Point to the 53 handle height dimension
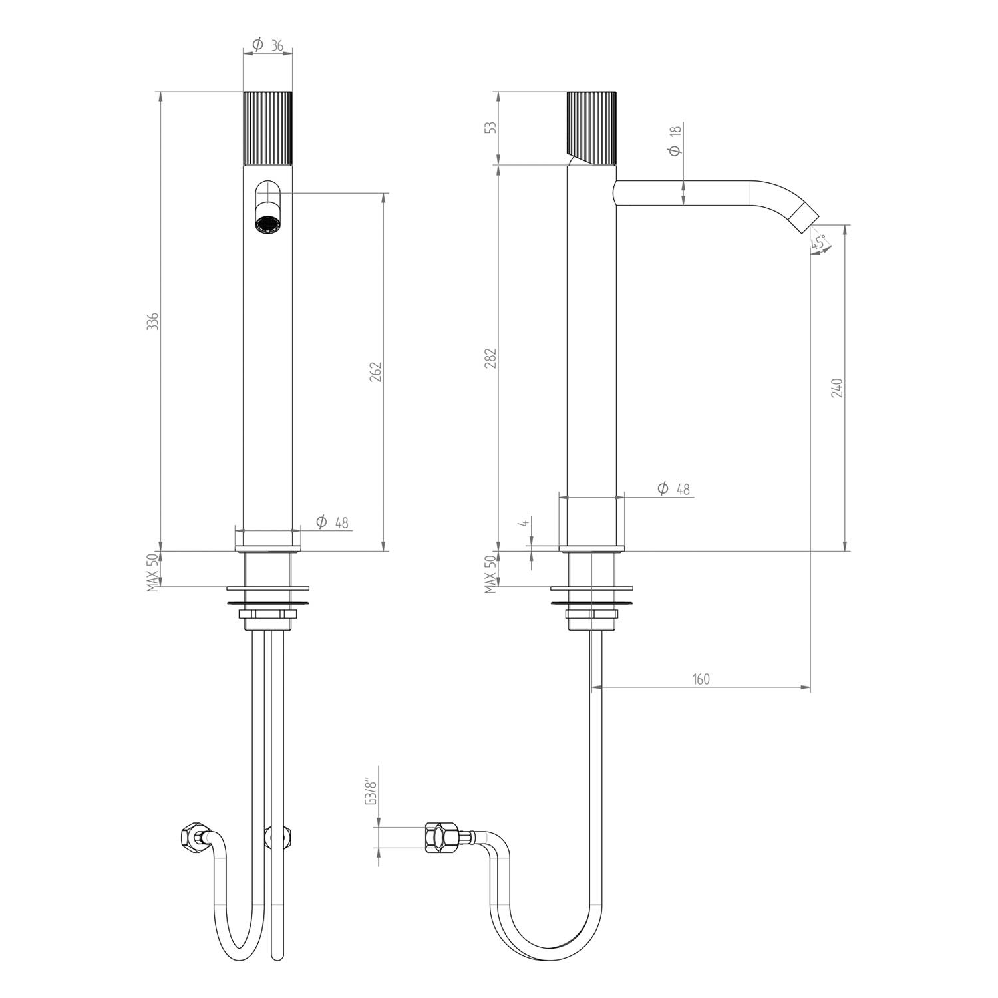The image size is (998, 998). (x=492, y=126)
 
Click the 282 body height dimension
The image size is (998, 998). (x=492, y=357)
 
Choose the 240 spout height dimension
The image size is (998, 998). (x=837, y=388)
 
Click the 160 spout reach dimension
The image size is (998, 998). (x=701, y=679)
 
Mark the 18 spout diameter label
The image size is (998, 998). (x=675, y=140)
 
